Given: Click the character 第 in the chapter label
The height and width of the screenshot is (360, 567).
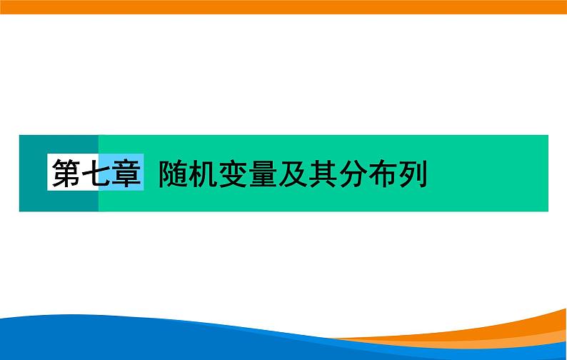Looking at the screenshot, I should pyautogui.click(x=66, y=173).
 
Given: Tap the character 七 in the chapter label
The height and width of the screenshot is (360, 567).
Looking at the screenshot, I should pyautogui.click(x=96, y=173).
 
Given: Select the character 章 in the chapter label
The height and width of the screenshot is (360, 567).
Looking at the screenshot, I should pyautogui.click(x=126, y=173).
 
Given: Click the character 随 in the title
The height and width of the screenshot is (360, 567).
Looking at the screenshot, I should pyautogui.click(x=174, y=173).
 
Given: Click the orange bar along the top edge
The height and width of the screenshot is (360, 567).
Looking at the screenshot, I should pyautogui.click(x=283, y=7).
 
